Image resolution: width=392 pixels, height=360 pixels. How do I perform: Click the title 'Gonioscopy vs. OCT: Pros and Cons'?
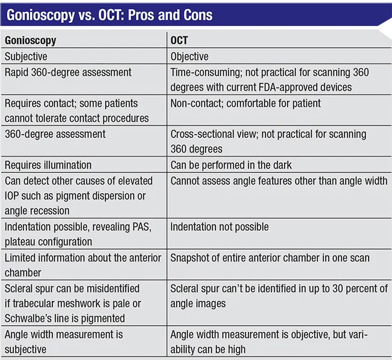109,15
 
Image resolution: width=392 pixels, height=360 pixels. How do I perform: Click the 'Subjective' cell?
26,57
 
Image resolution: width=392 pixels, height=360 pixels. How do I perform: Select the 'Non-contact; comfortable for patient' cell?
245,103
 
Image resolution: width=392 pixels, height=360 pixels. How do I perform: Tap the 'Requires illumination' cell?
48,165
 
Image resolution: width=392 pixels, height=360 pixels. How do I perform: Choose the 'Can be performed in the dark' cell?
230,165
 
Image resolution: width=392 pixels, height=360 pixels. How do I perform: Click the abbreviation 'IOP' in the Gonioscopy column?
14,196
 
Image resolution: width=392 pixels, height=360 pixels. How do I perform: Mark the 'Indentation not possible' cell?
220,227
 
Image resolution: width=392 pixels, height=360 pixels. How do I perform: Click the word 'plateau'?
22,242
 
